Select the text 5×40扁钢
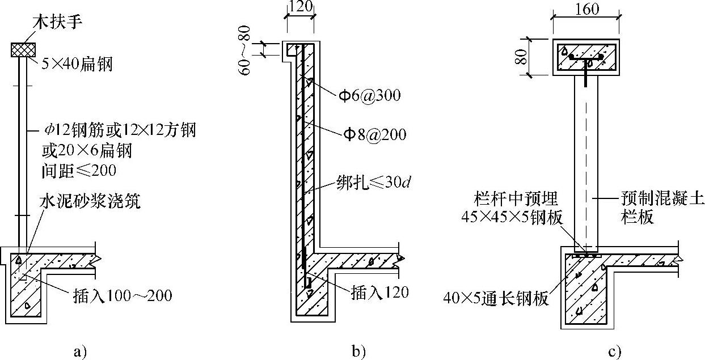[77, 65]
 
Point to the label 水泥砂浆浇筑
[90, 202]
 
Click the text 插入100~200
[121, 295]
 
